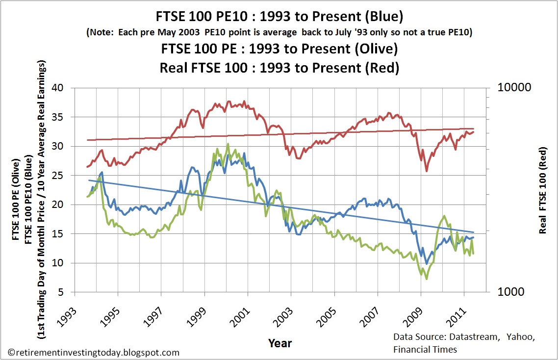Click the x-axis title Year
pos(280,343)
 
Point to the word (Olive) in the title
pos(377,49)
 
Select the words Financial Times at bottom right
pos(425,349)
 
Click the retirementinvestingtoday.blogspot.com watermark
pos(94,352)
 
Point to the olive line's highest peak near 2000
pos(228,144)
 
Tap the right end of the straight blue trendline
pos(474,232)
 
